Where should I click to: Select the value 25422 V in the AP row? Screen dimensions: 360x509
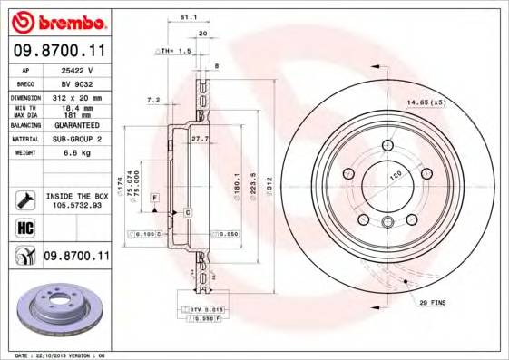point(76,69)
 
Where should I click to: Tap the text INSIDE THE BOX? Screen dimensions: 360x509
point(78,195)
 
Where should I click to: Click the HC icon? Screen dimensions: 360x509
point(24,228)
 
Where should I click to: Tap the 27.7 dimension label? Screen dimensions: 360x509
point(201,139)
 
